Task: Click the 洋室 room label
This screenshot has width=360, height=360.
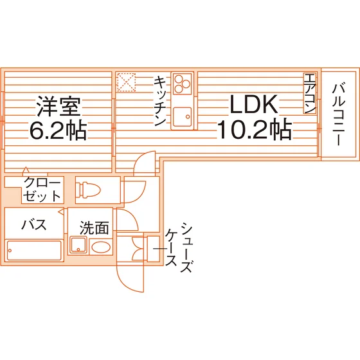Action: [59, 107]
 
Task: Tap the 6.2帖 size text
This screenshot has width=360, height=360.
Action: [58, 131]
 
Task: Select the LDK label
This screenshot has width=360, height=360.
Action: [254, 104]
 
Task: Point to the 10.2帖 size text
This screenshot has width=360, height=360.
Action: [255, 130]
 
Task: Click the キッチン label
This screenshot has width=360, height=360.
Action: [161, 101]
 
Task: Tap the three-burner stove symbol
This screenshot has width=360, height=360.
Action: [183, 84]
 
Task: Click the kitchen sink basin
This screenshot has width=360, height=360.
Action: [183, 116]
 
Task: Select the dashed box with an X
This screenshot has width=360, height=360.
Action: [126, 82]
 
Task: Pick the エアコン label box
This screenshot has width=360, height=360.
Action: [310, 93]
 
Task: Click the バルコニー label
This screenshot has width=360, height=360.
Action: [339, 115]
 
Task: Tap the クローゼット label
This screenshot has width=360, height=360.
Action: [42, 190]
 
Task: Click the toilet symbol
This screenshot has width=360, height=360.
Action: [89, 190]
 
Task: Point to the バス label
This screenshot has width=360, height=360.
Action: [34, 224]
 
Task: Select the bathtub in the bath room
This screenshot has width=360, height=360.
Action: [34, 250]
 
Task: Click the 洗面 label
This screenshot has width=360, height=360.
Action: [94, 228]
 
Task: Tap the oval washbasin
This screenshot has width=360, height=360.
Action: [101, 248]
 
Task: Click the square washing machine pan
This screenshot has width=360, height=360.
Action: [78, 245]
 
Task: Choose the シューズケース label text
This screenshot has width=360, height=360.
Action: [179, 247]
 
